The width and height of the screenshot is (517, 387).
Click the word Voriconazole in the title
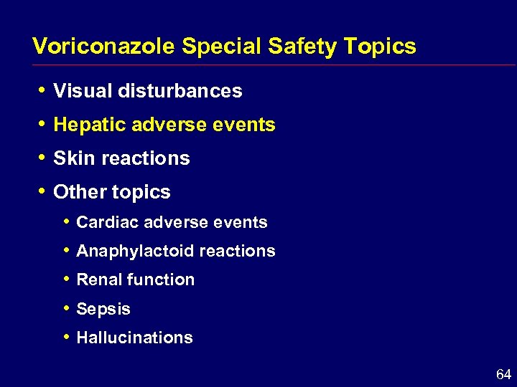tap(104, 47)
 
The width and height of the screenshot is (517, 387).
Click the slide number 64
tap(503, 374)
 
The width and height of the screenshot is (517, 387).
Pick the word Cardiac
tap(107, 222)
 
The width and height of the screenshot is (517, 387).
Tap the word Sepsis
tap(103, 310)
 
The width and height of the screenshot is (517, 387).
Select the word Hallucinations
tap(134, 338)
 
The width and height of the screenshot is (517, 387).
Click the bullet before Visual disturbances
tap(42, 90)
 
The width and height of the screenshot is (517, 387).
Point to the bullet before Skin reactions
tap(42, 158)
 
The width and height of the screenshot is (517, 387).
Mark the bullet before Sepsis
tap(66, 309)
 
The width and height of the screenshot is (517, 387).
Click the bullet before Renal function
tap(66, 279)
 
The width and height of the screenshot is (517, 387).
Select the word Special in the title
tap(222, 47)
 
